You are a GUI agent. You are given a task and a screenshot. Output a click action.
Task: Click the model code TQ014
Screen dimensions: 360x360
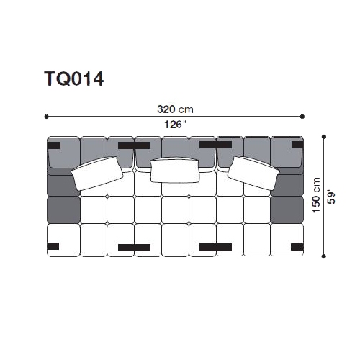tap(74, 78)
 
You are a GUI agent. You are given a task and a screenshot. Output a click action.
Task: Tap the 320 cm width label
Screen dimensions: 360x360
tap(175, 109)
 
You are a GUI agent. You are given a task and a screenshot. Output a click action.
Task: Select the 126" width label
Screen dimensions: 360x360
tap(175, 125)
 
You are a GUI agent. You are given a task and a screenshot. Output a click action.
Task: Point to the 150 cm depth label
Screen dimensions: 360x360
tap(316, 195)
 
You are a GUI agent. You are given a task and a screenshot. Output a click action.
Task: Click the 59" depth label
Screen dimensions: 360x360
tap(331, 198)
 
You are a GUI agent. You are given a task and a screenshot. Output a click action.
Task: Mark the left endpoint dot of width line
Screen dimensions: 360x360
tap(46, 117)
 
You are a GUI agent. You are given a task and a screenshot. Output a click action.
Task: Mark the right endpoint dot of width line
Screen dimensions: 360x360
tap(302, 117)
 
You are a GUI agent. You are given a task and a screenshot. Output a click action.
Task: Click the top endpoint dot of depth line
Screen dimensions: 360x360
tap(324, 137)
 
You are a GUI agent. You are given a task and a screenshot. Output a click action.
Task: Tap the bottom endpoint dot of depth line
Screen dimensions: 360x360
tap(324, 256)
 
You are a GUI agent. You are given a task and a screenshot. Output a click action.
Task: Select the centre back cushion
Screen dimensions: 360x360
tap(175, 171)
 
